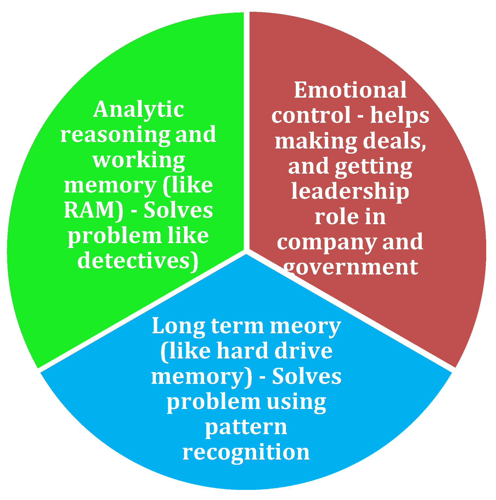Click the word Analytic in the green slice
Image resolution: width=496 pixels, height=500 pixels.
138,109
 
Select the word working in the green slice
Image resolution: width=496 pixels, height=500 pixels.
139,160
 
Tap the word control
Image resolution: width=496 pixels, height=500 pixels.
311,115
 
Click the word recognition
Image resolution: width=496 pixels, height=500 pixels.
246,453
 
